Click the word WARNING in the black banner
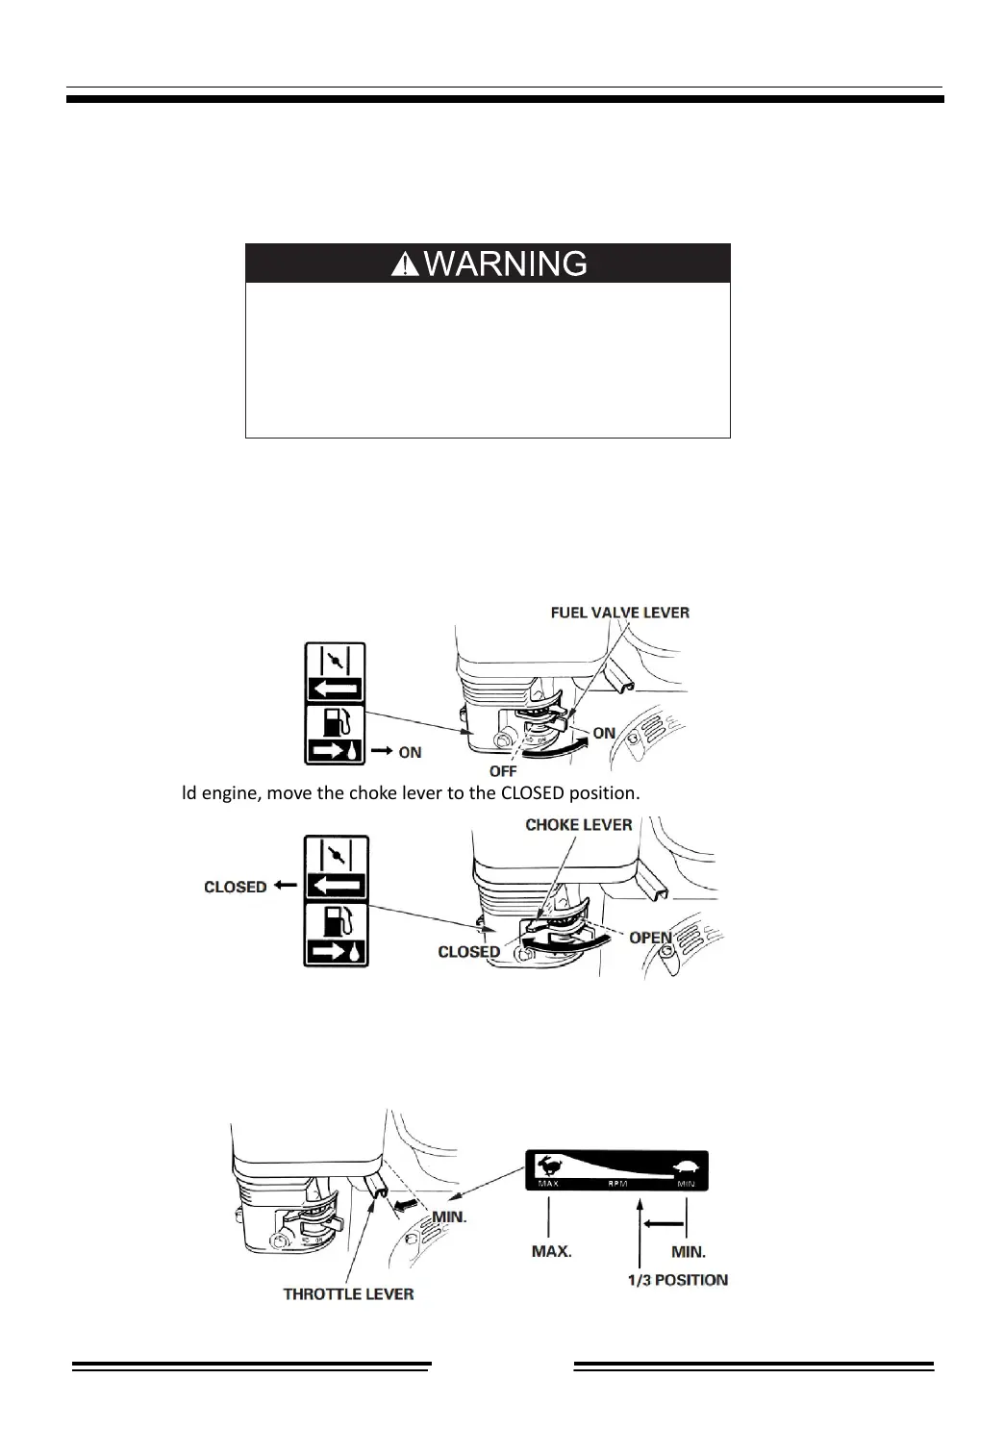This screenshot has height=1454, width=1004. pos(505,263)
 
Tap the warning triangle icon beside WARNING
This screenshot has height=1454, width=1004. pos(405,264)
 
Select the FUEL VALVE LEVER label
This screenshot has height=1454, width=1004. pos(619,613)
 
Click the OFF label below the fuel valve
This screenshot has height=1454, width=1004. pos(503,771)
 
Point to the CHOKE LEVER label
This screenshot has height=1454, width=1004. pos(579,825)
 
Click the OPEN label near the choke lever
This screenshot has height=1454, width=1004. pos(650,938)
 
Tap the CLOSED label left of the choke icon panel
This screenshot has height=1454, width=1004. pos(236,887)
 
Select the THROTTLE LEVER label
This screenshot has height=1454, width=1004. pos(348,1294)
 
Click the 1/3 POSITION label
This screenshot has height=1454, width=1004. pos(678,1280)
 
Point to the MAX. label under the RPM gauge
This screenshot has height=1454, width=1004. pos(552,1252)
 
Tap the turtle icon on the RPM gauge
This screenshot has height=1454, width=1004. pos(687,1168)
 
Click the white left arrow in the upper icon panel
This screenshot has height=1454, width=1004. pos(336,689)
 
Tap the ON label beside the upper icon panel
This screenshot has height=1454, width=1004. pos(410,752)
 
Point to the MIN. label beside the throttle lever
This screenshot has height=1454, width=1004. pos(449,1216)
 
